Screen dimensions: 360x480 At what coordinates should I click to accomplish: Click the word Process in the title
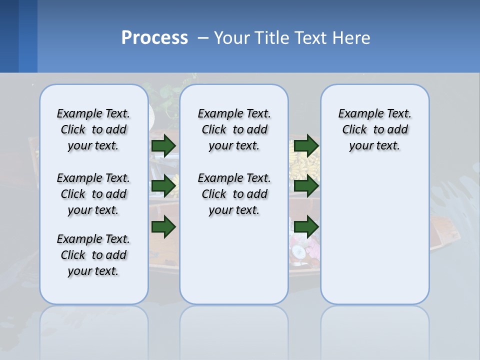click(x=154, y=37)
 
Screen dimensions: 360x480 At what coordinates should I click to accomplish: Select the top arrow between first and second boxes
click(x=163, y=145)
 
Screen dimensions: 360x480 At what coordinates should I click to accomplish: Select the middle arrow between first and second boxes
click(x=163, y=186)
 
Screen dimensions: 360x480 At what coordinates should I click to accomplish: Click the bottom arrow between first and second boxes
click(x=163, y=226)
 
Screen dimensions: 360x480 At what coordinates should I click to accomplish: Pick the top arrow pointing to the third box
click(x=306, y=145)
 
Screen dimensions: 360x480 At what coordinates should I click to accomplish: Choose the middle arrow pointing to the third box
click(x=306, y=186)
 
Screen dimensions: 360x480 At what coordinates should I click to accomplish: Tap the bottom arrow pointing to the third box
click(x=306, y=226)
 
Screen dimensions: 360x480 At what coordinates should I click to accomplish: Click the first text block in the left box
click(x=93, y=129)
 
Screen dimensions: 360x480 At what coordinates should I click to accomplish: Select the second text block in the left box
click(x=93, y=194)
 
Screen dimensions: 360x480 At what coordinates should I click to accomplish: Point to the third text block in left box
click(x=93, y=255)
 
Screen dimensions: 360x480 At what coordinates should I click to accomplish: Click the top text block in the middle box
click(x=234, y=129)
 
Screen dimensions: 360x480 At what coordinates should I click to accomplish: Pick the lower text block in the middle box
click(x=234, y=194)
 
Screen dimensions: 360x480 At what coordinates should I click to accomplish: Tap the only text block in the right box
click(x=374, y=129)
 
